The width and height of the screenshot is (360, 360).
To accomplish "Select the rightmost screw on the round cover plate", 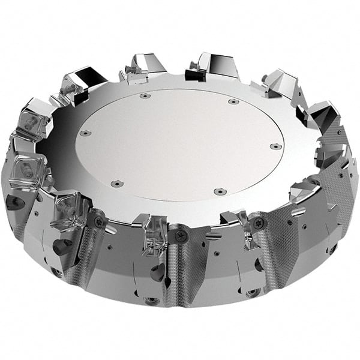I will coord(274,146).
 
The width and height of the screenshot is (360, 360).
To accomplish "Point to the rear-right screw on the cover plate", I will coord(232,101).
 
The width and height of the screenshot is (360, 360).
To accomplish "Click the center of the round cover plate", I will coord(178,143).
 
